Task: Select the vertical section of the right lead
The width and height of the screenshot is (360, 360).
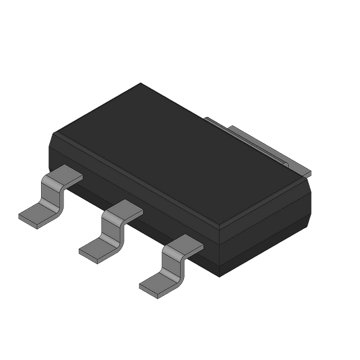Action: point(175,267)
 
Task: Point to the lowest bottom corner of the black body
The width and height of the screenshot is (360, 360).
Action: point(219,275)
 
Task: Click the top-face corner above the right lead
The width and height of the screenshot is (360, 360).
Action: point(219,228)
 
